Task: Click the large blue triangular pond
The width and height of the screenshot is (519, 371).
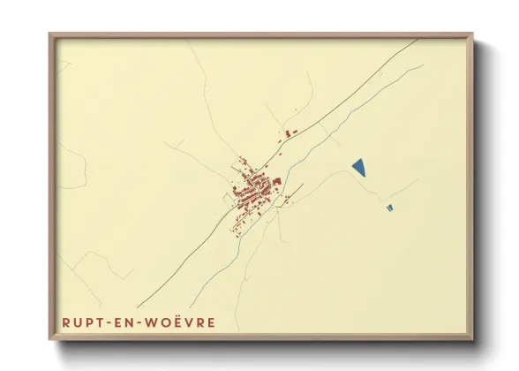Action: point(358,166)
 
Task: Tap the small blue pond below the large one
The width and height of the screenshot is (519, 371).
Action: point(389,208)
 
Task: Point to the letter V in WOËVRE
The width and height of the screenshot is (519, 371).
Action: point(194,322)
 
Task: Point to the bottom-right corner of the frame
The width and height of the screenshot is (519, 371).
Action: point(472,339)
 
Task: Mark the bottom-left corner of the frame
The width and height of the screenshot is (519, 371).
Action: point(50,339)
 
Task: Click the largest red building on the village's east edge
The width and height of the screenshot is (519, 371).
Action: point(276,181)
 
